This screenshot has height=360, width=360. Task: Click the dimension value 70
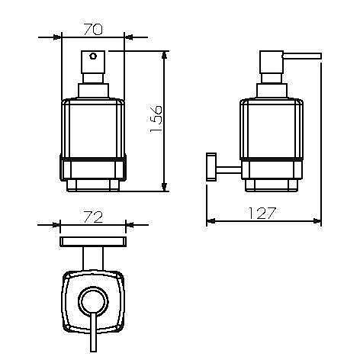click(93, 29)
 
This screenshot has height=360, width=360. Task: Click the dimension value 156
click(156, 119)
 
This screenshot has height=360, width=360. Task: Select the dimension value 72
click(93, 217)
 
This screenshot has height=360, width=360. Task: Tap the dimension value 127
click(262, 213)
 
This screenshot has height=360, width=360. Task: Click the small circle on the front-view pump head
click(93, 56)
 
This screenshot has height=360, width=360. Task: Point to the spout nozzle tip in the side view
click(320, 56)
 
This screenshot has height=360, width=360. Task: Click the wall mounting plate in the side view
click(211, 167)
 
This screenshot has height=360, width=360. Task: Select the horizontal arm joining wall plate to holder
click(229, 170)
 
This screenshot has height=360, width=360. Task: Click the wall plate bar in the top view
click(93, 242)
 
